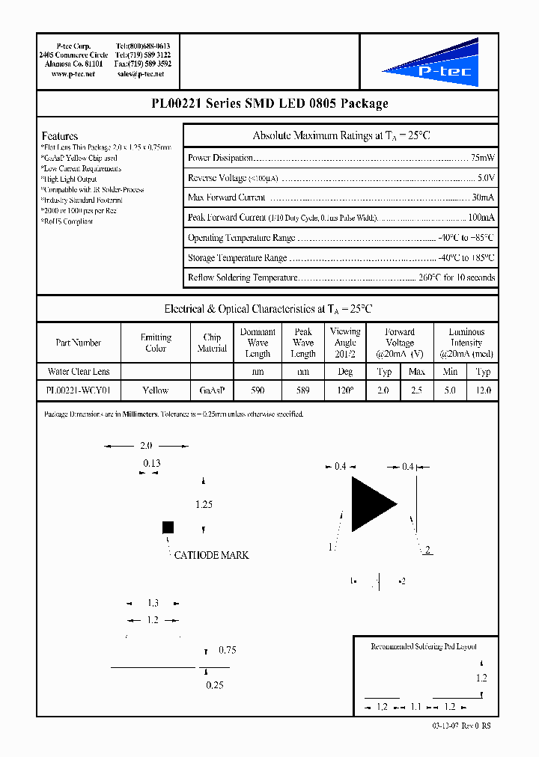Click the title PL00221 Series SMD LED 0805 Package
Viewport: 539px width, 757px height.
[269, 104]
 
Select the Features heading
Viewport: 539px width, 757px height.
[59, 136]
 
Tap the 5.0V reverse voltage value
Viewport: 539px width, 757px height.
[485, 178]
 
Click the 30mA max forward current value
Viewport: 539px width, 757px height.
[482, 197]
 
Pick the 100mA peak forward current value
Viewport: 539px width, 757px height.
[481, 218]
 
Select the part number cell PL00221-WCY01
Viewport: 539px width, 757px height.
[78, 390]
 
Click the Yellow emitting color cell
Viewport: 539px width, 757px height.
[156, 390]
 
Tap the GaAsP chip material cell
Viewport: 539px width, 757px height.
[212, 390]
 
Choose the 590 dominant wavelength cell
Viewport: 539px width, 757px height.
[258, 390]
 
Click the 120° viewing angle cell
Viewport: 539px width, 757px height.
[344, 390]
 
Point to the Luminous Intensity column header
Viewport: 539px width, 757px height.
[466, 343]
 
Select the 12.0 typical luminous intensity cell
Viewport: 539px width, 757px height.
[483, 390]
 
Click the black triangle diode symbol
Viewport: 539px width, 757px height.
[373, 504]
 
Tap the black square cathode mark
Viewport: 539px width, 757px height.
[168, 527]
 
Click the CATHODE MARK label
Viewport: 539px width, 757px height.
[211, 555]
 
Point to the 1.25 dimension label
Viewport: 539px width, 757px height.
[204, 505]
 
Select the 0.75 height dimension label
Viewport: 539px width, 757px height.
[227, 651]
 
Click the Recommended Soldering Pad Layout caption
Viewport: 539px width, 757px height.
[424, 646]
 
